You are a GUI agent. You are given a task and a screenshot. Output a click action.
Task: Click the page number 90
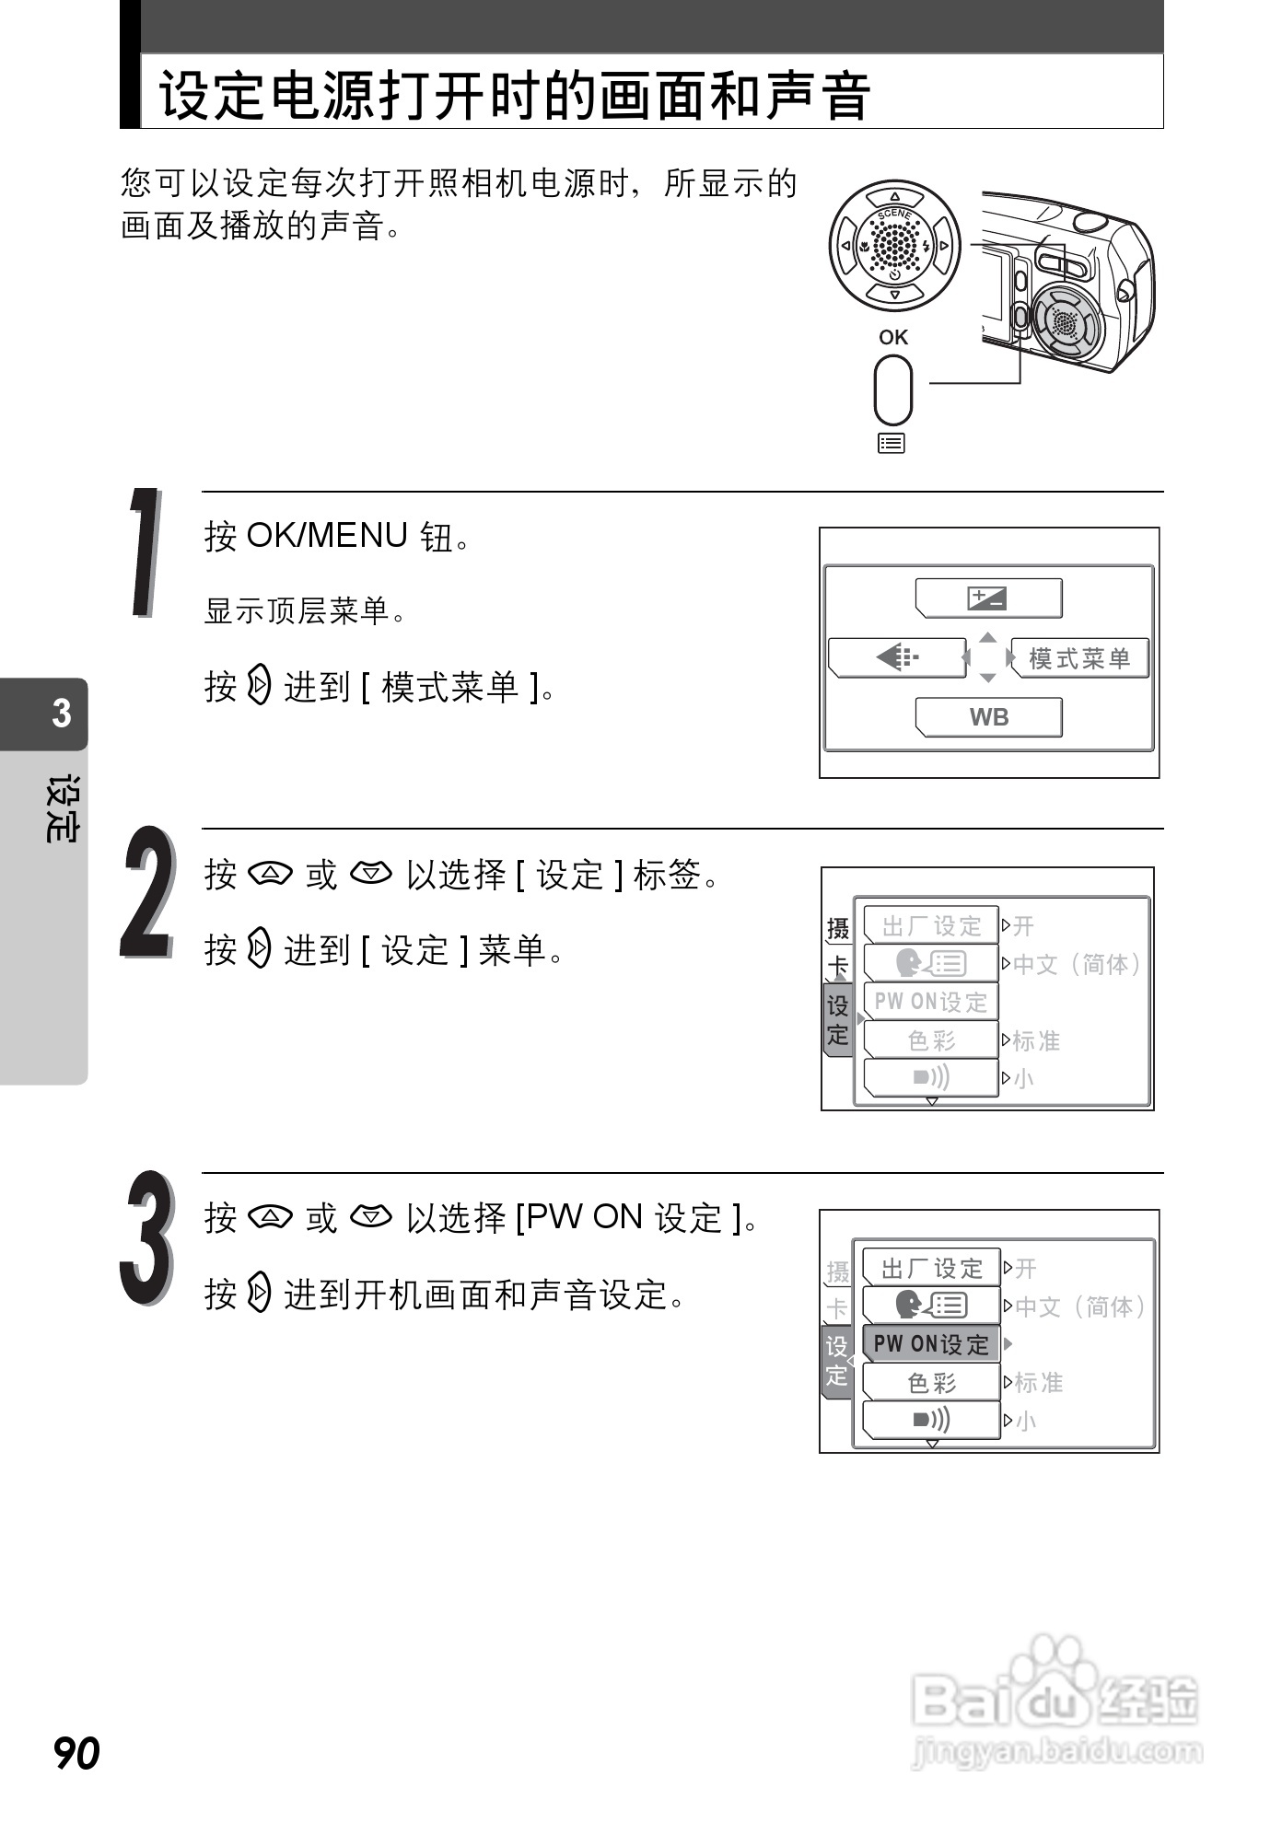[77, 1752]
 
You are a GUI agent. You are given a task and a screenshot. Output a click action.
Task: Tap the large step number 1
[146, 552]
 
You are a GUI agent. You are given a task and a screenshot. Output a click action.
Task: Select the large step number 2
[147, 893]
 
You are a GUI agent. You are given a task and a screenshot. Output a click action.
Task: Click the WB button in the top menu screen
[988, 717]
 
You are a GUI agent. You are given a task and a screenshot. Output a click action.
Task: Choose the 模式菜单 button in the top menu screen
[1079, 658]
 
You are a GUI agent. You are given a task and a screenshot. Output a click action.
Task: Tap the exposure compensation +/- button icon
[987, 598]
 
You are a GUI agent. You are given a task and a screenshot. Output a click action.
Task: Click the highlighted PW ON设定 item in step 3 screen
[930, 1343]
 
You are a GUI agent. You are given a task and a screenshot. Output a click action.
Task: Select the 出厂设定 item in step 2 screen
[930, 925]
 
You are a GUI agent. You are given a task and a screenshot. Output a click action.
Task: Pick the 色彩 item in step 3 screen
[930, 1382]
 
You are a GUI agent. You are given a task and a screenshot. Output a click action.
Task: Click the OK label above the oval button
[892, 337]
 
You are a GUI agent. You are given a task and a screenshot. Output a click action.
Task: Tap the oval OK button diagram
[892, 389]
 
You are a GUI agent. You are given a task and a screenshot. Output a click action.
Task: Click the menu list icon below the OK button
[892, 444]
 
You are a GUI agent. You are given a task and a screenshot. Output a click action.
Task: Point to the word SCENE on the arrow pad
[894, 215]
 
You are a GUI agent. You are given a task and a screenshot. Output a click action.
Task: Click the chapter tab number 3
[61, 714]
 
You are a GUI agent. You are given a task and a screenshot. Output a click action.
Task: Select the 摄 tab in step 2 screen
[838, 928]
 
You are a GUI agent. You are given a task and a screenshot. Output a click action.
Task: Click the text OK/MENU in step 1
[327, 535]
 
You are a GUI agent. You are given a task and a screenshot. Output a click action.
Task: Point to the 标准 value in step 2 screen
[1036, 1040]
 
